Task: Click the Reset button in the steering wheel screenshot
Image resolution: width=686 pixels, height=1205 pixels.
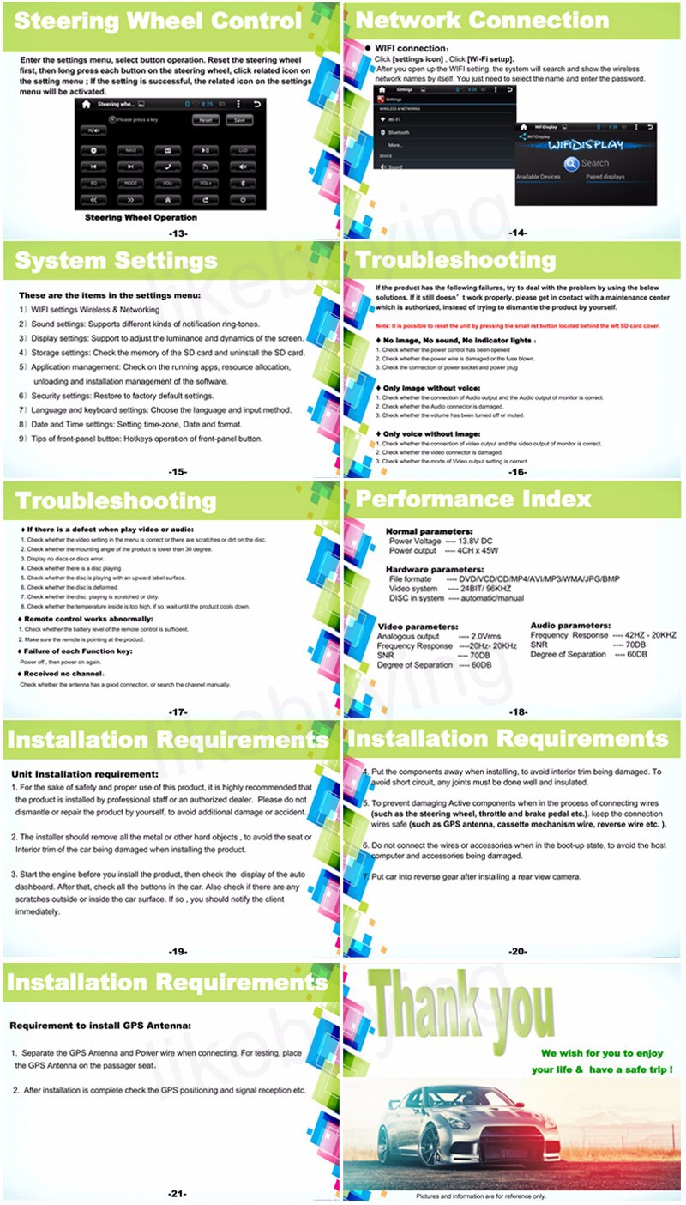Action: point(206,120)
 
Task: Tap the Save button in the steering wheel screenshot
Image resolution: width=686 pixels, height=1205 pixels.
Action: point(239,120)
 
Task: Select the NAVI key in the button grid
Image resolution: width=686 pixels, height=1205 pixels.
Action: point(131,150)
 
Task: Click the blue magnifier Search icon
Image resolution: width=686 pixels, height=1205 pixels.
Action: point(570,163)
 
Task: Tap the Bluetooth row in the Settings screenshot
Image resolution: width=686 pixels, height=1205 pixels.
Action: point(399,133)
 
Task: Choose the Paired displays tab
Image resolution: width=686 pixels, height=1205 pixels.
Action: point(605,177)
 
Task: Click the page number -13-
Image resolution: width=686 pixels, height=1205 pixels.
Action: point(178,233)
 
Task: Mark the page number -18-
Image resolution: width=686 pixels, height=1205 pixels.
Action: point(518,711)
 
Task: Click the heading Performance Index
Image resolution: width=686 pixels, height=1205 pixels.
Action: point(473,499)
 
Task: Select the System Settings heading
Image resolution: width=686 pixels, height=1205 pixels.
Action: point(117,260)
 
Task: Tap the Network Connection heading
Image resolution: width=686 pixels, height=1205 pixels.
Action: point(482,21)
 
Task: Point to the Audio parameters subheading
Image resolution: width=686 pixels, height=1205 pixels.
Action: point(570,626)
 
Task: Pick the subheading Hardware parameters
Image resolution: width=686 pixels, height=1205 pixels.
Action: point(435,569)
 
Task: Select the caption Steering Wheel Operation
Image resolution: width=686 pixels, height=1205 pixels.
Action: point(141,218)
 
